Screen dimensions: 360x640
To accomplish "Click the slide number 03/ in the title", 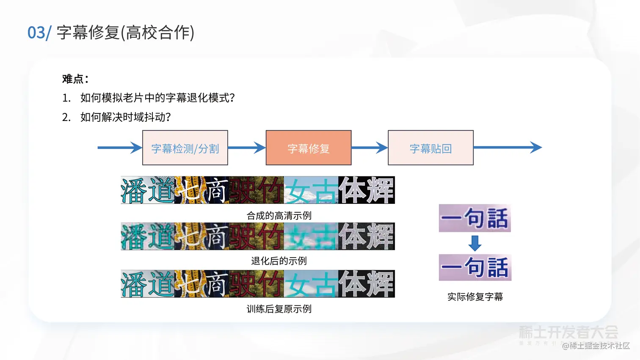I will pos(39,33).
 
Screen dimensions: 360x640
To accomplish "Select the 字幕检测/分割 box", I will pos(185,148).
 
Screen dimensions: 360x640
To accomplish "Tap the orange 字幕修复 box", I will pos(309,148).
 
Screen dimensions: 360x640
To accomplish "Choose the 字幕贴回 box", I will pos(430,148).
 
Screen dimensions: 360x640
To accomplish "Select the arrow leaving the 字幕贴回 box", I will pos(508,148).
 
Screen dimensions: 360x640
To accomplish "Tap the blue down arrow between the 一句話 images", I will pos(475,243).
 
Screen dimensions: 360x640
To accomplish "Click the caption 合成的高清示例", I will pos(279,216).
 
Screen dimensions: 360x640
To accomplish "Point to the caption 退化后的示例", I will pos(279,261).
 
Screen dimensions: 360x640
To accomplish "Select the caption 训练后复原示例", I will pos(279,309).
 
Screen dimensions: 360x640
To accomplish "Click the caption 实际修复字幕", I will pos(475,297).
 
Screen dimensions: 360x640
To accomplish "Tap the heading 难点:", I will pos(75,79).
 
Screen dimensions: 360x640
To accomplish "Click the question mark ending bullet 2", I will pos(168,117).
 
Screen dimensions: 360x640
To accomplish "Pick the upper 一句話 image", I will pos(474,218).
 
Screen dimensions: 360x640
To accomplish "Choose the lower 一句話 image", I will pos(475,267).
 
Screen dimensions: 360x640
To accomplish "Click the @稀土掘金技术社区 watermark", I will pos(596,346).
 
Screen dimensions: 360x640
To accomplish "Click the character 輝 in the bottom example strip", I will pos(380,284).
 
